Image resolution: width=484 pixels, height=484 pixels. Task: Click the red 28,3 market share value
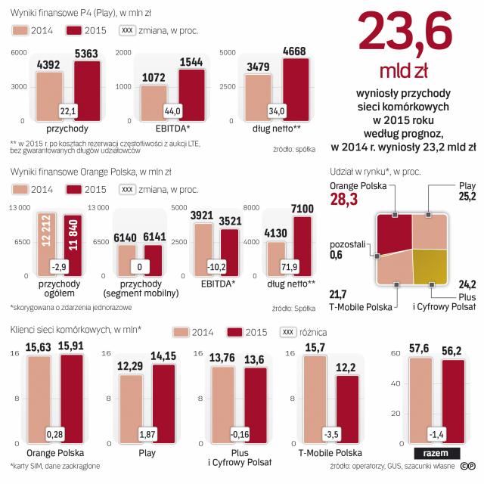coord(345,199)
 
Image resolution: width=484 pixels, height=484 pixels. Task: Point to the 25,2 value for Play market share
coord(466,197)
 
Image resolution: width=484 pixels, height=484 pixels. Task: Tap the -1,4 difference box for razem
coord(436,433)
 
